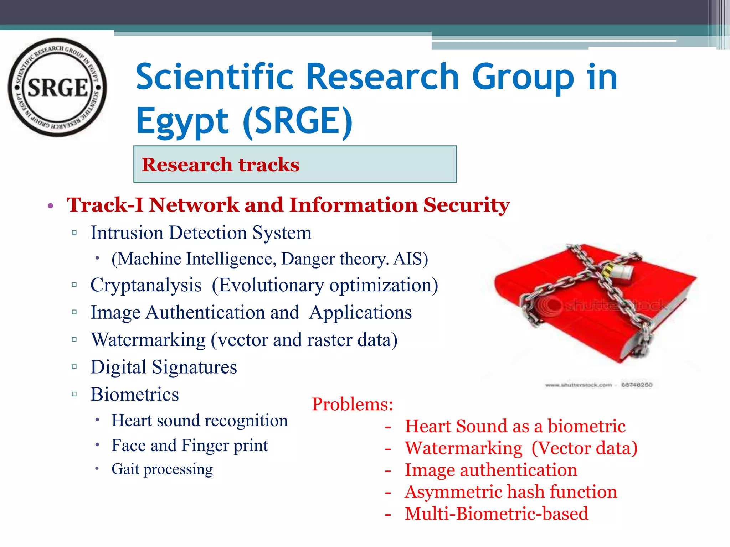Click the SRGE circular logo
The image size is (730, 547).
click(57, 87)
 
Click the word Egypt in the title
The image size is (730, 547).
click(182, 121)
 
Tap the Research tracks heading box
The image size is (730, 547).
click(295, 164)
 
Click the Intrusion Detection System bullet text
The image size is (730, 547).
click(201, 233)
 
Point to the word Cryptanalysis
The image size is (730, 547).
click(146, 285)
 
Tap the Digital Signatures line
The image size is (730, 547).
click(164, 367)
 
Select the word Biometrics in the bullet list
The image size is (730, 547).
click(134, 395)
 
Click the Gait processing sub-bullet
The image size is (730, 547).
click(162, 469)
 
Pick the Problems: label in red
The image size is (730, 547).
click(352, 404)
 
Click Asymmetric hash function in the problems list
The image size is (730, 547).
click(510, 492)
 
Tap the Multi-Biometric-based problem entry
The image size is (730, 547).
click(496, 514)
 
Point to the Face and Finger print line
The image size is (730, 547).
click(189, 446)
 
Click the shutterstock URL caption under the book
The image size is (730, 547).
click(578, 385)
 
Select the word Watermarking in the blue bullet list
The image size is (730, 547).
click(148, 340)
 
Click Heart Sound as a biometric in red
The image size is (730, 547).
click(515, 426)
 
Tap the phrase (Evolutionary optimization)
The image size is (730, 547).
click(325, 285)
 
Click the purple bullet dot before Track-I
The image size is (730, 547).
click(51, 206)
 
